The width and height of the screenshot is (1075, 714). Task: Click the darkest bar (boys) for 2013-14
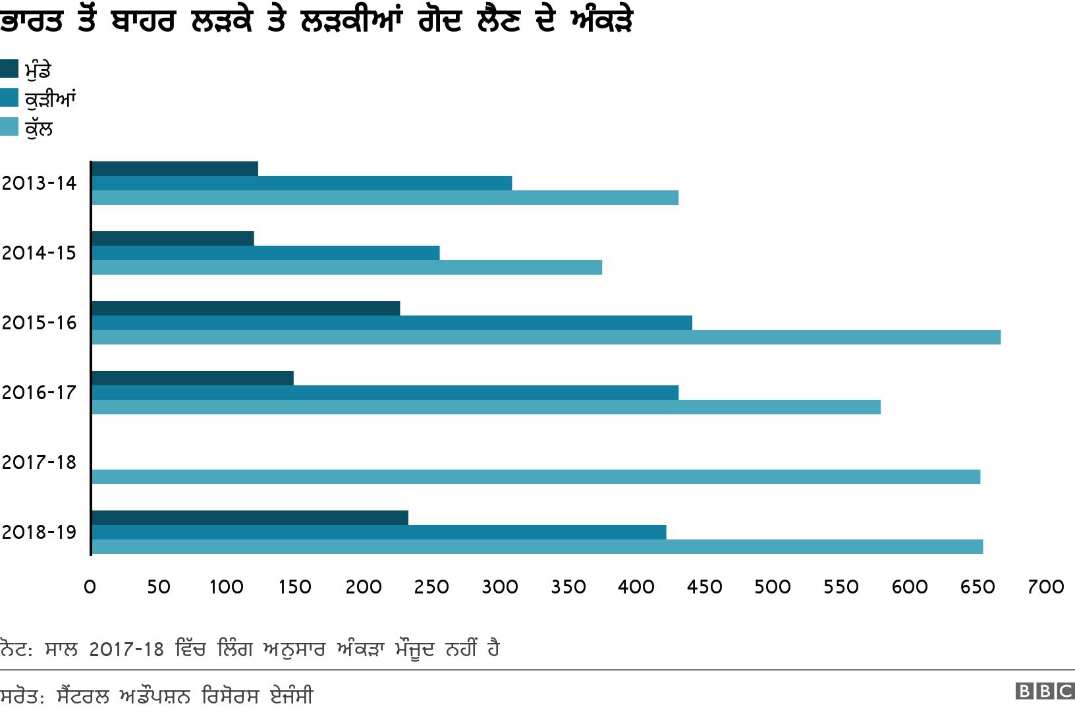175,169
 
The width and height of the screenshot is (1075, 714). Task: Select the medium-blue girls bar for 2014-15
265,253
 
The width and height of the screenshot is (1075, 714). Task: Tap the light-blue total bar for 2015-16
545,337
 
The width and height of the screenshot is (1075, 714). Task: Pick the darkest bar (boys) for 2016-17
192,378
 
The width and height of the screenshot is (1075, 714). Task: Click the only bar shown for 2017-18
536,477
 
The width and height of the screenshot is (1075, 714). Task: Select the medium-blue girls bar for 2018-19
379,532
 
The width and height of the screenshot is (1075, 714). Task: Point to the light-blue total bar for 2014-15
346,267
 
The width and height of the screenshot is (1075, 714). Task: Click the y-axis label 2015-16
40,323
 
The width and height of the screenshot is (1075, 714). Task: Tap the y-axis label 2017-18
40,462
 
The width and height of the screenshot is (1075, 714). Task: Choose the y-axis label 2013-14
40,183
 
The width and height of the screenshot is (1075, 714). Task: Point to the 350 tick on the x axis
568,587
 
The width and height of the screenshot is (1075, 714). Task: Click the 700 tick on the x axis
1046,587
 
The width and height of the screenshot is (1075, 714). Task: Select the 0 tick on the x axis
90,587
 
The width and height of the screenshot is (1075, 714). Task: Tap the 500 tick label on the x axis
773,587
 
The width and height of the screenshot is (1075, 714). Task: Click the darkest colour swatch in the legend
9,69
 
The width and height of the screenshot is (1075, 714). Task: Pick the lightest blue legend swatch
9,127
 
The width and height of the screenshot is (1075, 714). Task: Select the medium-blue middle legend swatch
9,97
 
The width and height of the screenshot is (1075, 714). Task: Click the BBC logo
1045,691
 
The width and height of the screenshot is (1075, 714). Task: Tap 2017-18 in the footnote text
126,649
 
